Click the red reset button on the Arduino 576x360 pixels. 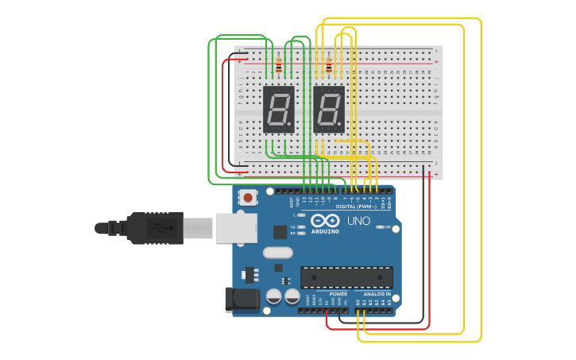[249, 197]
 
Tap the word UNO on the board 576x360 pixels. [358, 221]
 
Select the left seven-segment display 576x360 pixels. [278, 109]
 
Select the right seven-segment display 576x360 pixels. [329, 109]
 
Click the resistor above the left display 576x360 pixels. [278, 67]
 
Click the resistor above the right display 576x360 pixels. [329, 67]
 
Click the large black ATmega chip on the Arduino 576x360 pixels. [346, 277]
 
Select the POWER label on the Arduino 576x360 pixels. [338, 294]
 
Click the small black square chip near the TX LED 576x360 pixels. [280, 232]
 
